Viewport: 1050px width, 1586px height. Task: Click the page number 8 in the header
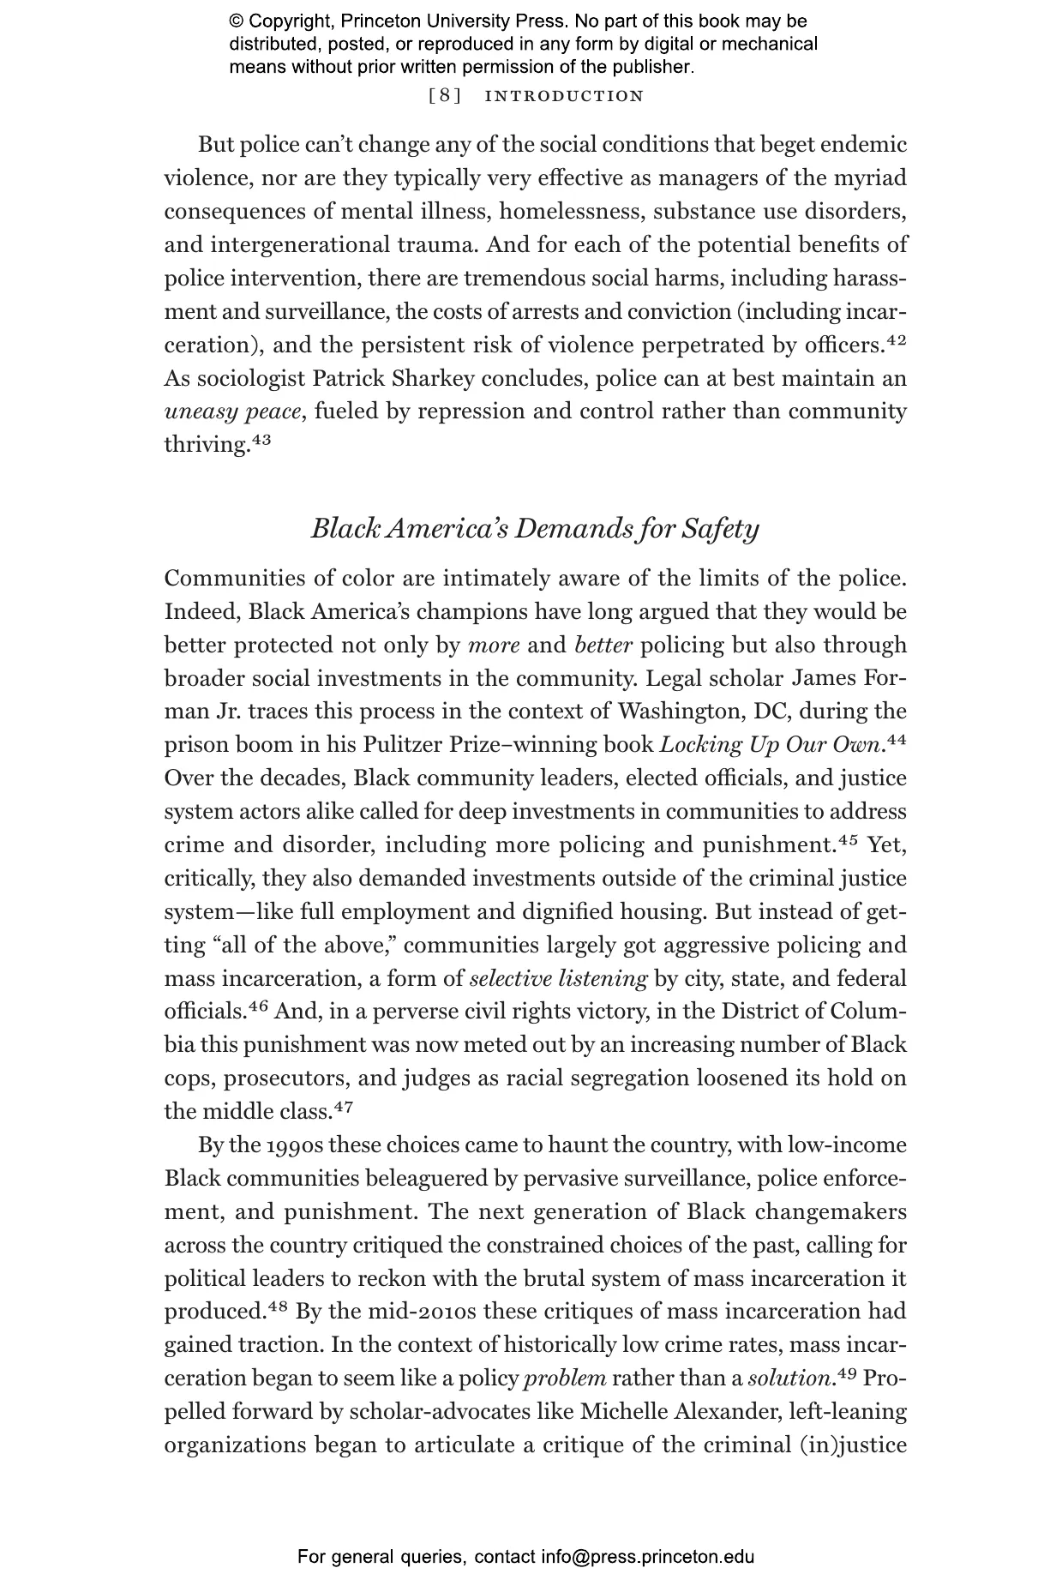[x=444, y=96]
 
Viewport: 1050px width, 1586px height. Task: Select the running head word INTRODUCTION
[x=564, y=96]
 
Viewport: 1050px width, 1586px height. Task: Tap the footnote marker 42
[x=896, y=341]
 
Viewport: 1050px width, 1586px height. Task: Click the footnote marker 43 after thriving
[x=261, y=441]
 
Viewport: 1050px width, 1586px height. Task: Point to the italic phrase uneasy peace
[x=233, y=412]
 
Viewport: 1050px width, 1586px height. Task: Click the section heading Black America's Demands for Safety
[x=535, y=528]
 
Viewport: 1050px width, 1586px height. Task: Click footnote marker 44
[x=896, y=740]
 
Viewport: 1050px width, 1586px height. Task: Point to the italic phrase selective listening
[x=558, y=979]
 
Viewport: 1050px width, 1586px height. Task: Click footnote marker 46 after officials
[x=259, y=1007]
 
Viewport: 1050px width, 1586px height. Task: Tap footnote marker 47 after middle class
[x=343, y=1107]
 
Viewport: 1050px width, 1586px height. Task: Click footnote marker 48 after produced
[x=276, y=1307]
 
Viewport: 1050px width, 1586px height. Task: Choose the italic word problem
[x=565, y=1379]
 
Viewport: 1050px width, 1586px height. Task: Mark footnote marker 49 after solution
[x=847, y=1374]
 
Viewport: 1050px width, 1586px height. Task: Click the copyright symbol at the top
[x=237, y=21]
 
